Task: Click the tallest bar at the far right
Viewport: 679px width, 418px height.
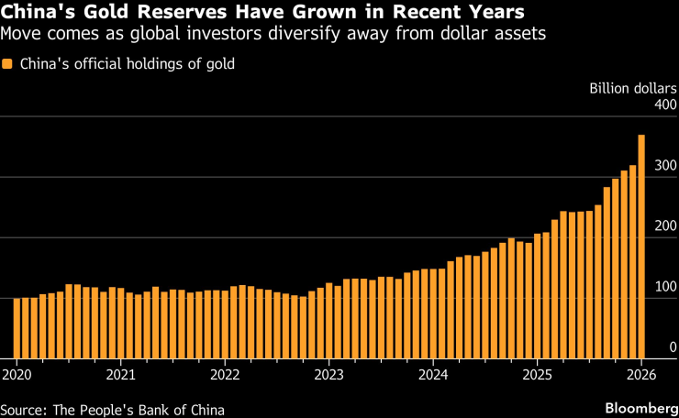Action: click(641, 247)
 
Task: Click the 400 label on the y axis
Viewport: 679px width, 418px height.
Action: click(665, 106)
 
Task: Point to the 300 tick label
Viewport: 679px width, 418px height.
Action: click(665, 167)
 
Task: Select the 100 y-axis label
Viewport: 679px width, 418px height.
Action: click(665, 288)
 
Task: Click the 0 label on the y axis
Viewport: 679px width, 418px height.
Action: click(673, 348)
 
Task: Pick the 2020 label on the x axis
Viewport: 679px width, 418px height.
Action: click(17, 374)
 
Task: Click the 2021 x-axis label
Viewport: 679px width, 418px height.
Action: click(120, 374)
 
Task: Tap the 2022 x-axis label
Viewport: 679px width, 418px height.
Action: click(225, 374)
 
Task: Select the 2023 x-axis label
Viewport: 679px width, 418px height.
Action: click(328, 374)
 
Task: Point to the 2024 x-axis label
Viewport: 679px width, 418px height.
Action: click(433, 374)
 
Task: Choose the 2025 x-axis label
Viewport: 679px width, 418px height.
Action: click(537, 374)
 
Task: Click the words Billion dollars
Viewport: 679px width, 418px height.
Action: click(632, 90)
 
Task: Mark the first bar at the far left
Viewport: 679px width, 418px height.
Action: click(17, 328)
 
